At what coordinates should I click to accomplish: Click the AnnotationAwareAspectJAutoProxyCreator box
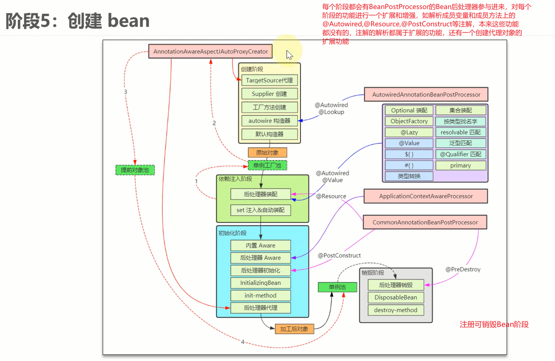click(x=211, y=52)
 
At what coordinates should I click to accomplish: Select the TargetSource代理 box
click(x=269, y=80)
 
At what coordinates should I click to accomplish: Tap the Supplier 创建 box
click(x=269, y=94)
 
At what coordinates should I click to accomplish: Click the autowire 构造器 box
click(x=269, y=121)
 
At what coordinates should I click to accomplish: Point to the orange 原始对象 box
click(x=267, y=152)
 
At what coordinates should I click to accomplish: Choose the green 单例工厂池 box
click(x=267, y=165)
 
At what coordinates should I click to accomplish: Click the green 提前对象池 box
click(x=135, y=170)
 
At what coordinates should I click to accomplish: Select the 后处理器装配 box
click(x=261, y=194)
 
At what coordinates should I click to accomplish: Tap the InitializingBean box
click(x=261, y=283)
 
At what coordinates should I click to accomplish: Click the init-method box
click(x=261, y=295)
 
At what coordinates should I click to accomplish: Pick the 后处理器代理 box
click(x=261, y=308)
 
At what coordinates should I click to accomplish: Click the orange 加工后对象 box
click(x=294, y=329)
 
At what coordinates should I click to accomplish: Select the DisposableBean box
click(x=396, y=297)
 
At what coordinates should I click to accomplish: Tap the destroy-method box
click(x=396, y=310)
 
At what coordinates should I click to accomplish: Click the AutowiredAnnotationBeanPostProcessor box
click(x=426, y=94)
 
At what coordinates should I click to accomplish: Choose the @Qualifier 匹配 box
click(x=460, y=154)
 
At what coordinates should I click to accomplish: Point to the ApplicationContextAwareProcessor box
click(x=426, y=196)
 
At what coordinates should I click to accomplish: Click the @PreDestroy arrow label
click(x=463, y=270)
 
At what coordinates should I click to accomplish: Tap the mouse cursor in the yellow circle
click(x=290, y=55)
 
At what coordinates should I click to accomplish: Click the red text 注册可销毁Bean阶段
click(x=494, y=325)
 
